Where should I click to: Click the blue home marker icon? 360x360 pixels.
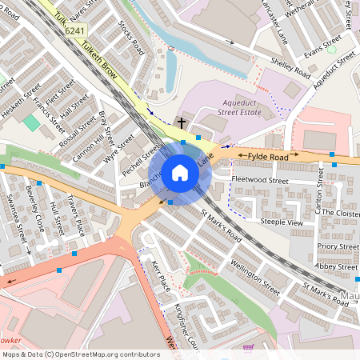[x=180, y=172]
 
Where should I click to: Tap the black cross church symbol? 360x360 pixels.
[x=182, y=123]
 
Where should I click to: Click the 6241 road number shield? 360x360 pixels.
[x=74, y=30]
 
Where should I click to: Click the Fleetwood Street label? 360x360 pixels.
[x=259, y=181]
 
